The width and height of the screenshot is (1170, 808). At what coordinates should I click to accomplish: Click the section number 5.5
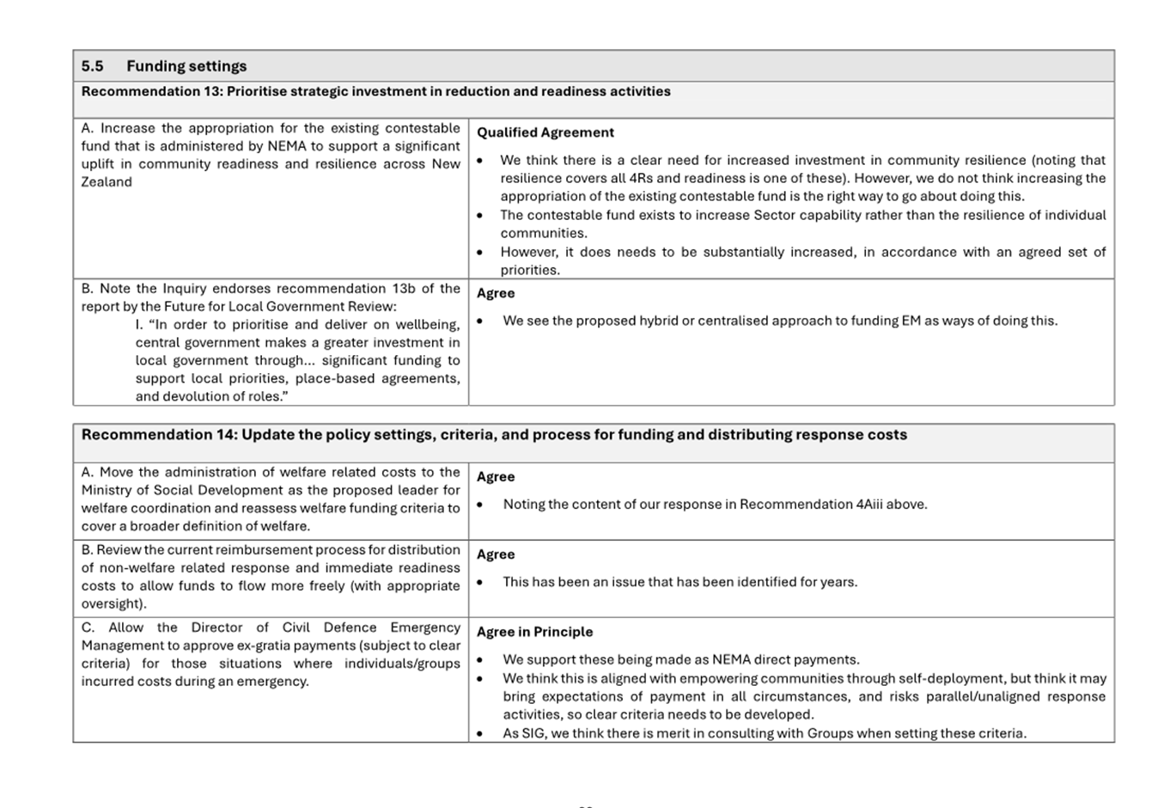[x=92, y=66]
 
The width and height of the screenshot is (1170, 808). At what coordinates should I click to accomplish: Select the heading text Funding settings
[x=186, y=66]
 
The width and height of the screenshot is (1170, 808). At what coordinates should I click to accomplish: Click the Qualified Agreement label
[x=545, y=132]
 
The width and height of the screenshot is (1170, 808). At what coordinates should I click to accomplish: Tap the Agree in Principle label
[x=534, y=632]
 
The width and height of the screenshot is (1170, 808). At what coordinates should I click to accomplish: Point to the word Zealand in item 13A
[x=107, y=182]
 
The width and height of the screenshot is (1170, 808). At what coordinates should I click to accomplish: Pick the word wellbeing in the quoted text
[x=427, y=325]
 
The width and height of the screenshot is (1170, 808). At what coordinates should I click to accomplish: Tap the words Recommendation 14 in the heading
[x=159, y=435]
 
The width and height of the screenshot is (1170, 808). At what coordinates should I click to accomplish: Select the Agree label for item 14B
[x=496, y=554]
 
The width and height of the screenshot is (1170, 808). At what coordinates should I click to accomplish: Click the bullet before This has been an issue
[x=479, y=583]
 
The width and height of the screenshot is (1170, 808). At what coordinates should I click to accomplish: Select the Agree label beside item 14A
[x=496, y=477]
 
